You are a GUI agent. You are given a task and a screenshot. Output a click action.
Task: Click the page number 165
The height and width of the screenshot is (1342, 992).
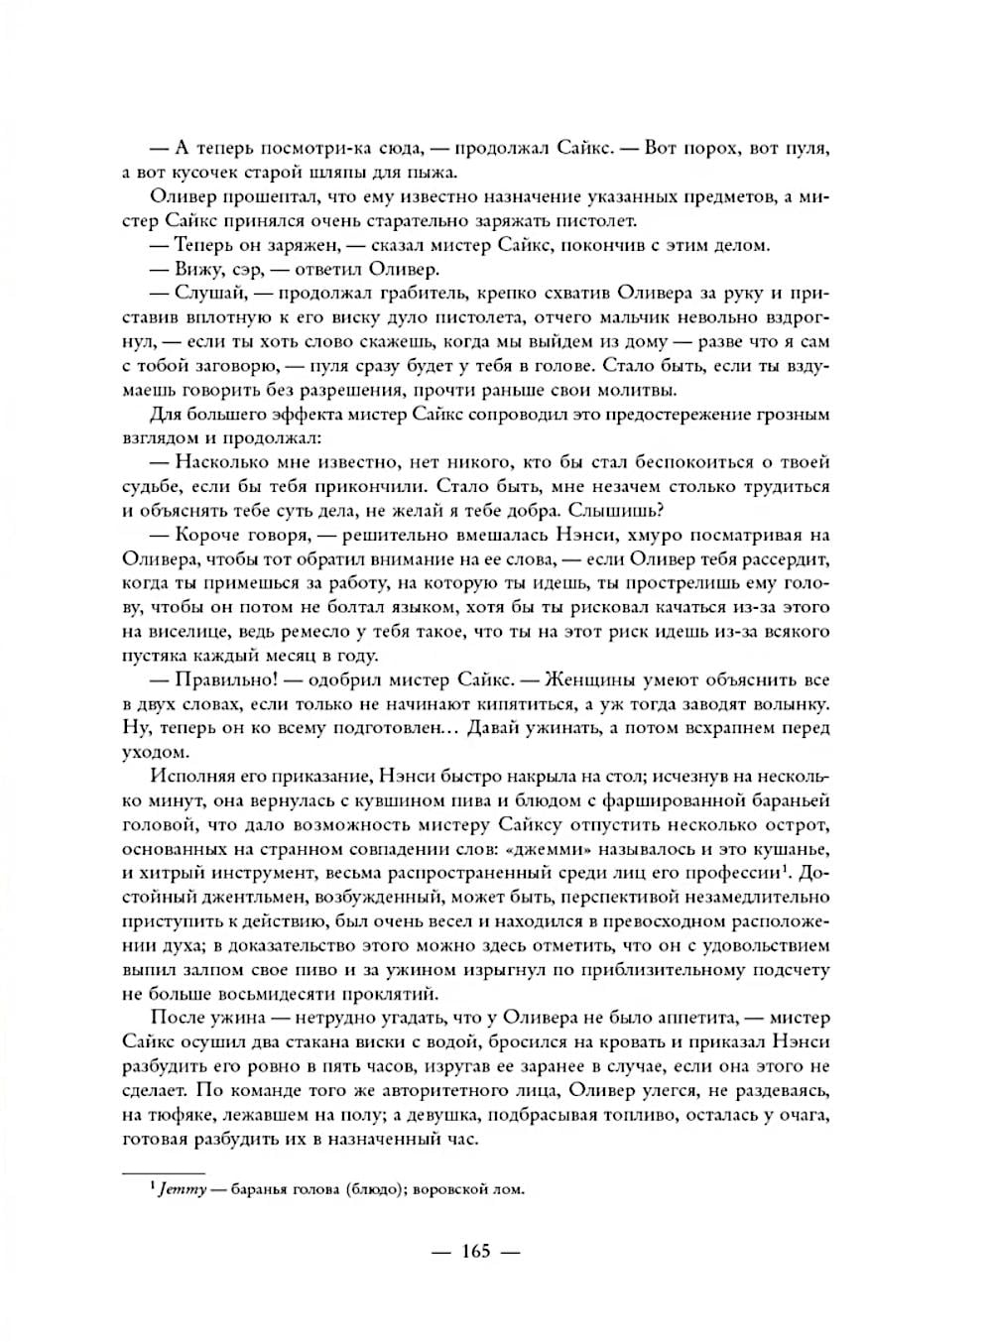(476, 1251)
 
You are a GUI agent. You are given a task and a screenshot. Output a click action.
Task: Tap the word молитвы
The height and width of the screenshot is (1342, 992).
(630, 389)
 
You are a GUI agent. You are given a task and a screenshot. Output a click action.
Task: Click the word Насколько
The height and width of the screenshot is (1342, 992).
(225, 461)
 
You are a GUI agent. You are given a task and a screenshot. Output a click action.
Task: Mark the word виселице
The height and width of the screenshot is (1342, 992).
(186, 632)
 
